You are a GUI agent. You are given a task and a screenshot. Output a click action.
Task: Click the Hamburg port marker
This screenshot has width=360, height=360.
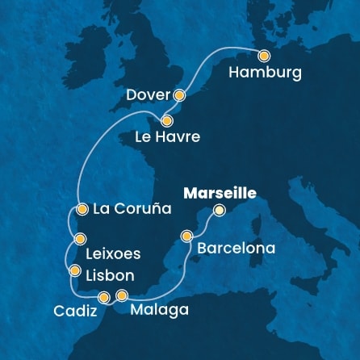click(x=264, y=56)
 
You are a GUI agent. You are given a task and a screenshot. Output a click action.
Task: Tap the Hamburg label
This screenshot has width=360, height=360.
click(x=265, y=73)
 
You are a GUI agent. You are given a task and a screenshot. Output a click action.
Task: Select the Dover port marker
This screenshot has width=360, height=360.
click(x=179, y=95)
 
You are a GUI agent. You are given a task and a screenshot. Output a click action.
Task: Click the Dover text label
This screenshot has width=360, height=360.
click(x=148, y=95)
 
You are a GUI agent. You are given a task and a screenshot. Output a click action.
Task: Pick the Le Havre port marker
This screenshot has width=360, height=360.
click(x=167, y=118)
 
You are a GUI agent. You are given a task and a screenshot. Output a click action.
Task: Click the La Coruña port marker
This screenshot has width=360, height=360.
click(x=81, y=209)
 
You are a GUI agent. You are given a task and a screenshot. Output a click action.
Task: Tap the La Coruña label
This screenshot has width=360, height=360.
click(x=132, y=209)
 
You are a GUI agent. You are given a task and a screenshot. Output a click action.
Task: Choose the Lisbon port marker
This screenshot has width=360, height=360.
click(x=75, y=271)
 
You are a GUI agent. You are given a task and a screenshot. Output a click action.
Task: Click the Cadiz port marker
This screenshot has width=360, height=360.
click(x=103, y=297)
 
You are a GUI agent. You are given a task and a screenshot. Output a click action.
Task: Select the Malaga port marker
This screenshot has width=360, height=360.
click(x=122, y=295)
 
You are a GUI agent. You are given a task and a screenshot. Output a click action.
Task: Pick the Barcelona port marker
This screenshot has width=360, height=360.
click(x=187, y=237)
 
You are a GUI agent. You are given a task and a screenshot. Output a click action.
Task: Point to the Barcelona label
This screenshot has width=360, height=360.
click(x=236, y=248)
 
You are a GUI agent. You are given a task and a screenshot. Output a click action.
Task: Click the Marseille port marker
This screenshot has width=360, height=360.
click(x=219, y=211)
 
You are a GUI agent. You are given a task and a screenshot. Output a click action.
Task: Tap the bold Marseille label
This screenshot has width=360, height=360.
click(x=220, y=193)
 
